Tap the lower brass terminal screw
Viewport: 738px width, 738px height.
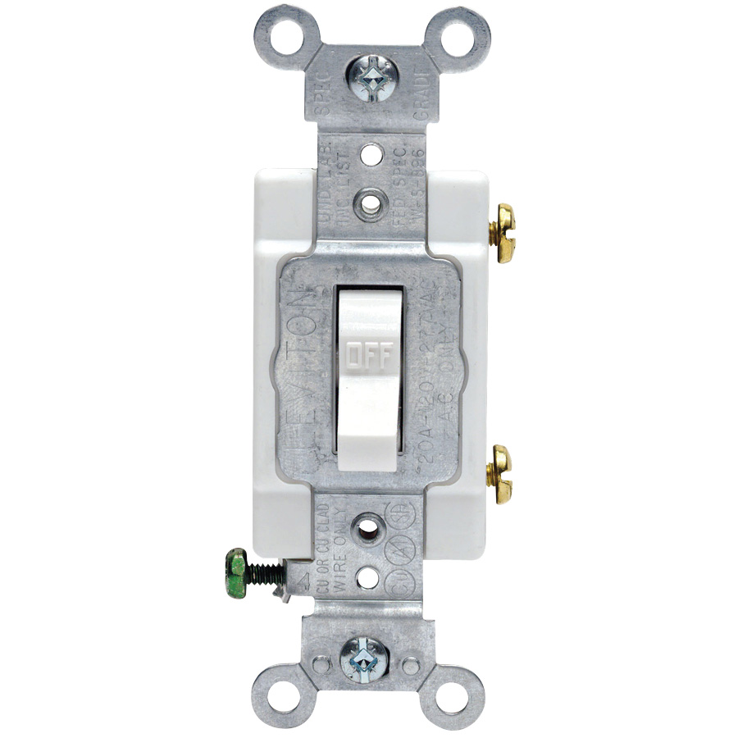(499, 473)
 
